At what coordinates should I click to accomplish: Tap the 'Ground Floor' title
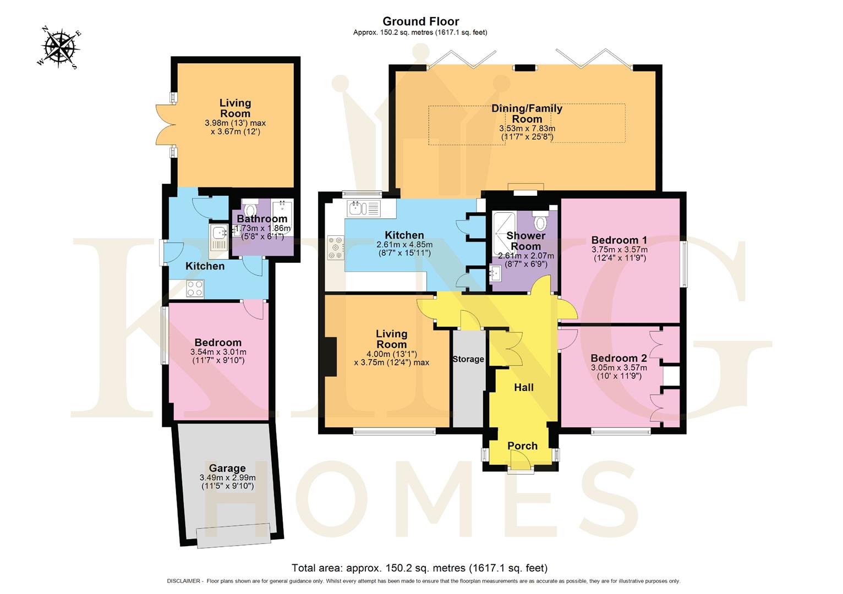[420, 21]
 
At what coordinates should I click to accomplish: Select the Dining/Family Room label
[527, 113]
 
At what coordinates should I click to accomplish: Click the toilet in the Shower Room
[540, 222]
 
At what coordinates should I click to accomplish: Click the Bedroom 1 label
[618, 240]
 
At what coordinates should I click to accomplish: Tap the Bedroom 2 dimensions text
[618, 372]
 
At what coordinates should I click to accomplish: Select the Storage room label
[468, 359]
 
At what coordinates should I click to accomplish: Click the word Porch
[522, 446]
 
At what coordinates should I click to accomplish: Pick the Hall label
[524, 387]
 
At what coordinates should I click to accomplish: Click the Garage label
[227, 468]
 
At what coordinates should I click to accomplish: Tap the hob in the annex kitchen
[195, 288]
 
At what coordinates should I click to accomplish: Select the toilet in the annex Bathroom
[251, 211]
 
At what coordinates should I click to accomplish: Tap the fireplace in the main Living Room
[331, 356]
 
